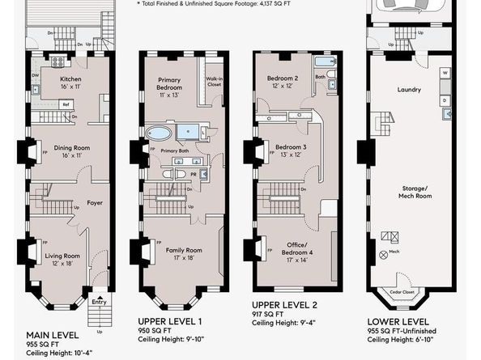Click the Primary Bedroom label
click(x=171, y=81)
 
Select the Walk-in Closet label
click(x=215, y=79)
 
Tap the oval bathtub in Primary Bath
click(x=159, y=133)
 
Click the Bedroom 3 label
click(x=290, y=147)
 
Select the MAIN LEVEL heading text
click(x=52, y=335)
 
